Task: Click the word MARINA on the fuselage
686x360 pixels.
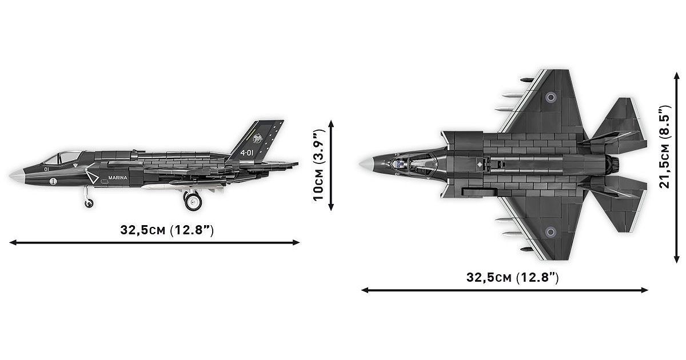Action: tap(118, 178)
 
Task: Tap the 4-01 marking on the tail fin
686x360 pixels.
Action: tap(247, 153)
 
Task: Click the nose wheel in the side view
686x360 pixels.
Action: tap(89, 203)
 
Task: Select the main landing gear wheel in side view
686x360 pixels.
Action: tap(193, 201)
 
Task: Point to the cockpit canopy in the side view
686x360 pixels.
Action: tap(63, 157)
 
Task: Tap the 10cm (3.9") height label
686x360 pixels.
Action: tap(318, 165)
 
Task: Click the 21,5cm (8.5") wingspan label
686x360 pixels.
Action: tap(664, 147)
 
